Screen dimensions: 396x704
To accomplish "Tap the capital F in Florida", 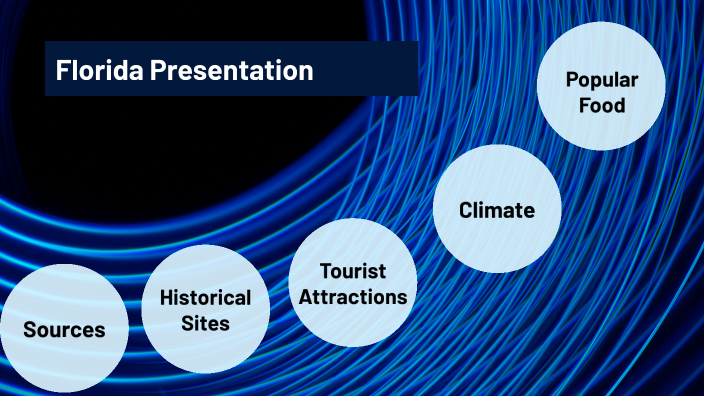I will [62, 70].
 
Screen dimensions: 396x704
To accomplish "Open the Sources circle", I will [64, 329].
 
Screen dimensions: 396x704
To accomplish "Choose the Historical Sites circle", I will [205, 310].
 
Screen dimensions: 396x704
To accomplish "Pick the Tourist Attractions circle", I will [353, 283].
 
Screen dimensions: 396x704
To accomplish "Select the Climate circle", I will [496, 209].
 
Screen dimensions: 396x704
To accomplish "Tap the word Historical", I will [205, 298].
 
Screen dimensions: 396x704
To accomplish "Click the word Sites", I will [205, 323].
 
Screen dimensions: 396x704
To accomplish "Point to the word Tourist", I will [353, 271].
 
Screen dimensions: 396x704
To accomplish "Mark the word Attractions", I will [353, 297].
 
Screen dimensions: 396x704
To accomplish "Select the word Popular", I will [601, 79].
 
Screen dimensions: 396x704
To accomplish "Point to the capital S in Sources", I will [30, 330].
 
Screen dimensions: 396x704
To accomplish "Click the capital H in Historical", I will [166, 298].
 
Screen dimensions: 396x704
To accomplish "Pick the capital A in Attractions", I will [306, 297].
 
